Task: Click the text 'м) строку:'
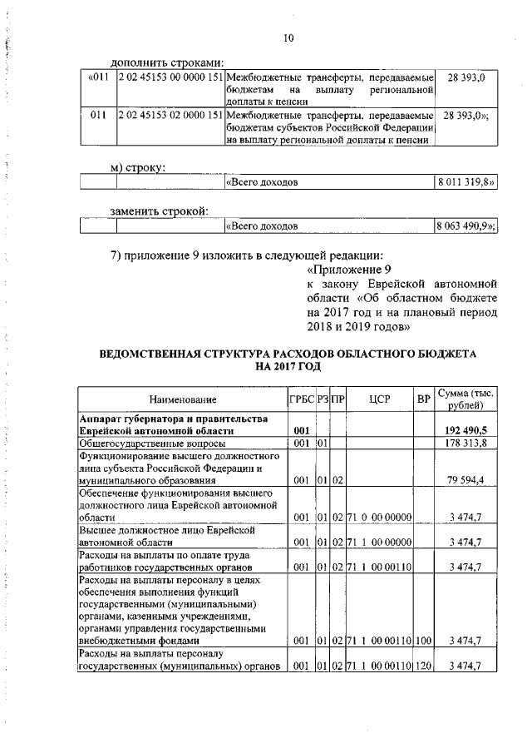click(x=139, y=167)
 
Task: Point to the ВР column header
click(x=424, y=400)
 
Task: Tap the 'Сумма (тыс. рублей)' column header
click(x=465, y=399)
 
